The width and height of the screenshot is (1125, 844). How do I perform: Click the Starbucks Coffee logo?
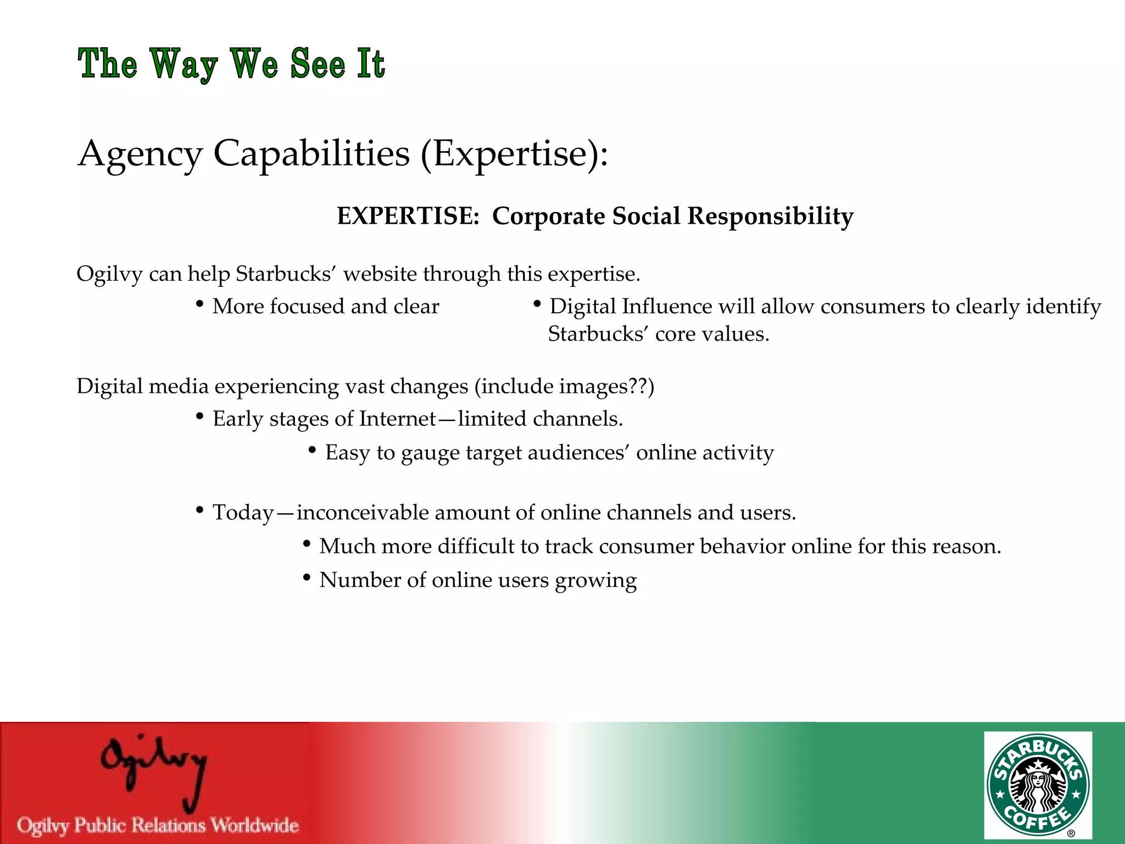1038,785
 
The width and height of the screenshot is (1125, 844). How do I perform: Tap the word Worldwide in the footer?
255,825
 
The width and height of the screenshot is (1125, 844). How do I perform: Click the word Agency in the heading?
141,154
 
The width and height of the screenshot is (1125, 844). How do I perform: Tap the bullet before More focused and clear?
200,304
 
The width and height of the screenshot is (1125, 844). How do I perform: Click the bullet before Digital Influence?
537,304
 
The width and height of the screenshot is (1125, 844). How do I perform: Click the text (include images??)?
565,386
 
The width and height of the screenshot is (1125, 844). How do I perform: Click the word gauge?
430,453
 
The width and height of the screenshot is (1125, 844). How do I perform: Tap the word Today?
243,513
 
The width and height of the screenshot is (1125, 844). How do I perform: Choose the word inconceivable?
363,513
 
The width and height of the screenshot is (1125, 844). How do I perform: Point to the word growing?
595,581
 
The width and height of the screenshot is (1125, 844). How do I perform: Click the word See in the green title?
318,64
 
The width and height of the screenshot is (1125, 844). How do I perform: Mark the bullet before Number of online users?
307,578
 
